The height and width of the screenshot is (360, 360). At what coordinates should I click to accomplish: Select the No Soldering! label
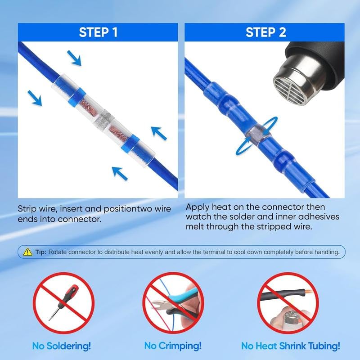pyautogui.click(x=62, y=346)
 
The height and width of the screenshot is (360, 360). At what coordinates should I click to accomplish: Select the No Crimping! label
pyautogui.click(x=173, y=346)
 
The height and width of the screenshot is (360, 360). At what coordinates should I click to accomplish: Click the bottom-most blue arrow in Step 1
pyautogui.click(x=118, y=172)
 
